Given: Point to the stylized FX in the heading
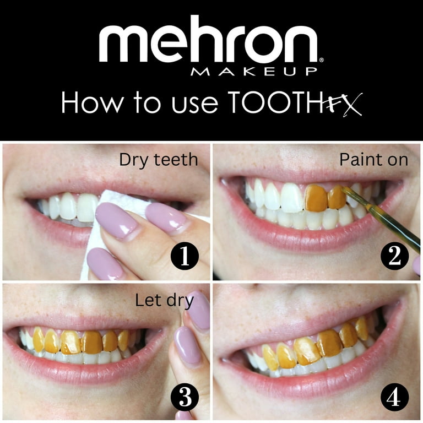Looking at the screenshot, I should click(x=343, y=104).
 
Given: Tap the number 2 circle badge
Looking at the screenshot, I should click(x=395, y=257).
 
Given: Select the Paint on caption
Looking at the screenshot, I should click(x=373, y=160).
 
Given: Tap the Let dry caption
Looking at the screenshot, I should click(x=164, y=301).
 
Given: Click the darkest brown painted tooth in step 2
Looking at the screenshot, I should click(x=316, y=198).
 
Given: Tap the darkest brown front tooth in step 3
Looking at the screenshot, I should click(x=92, y=342).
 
